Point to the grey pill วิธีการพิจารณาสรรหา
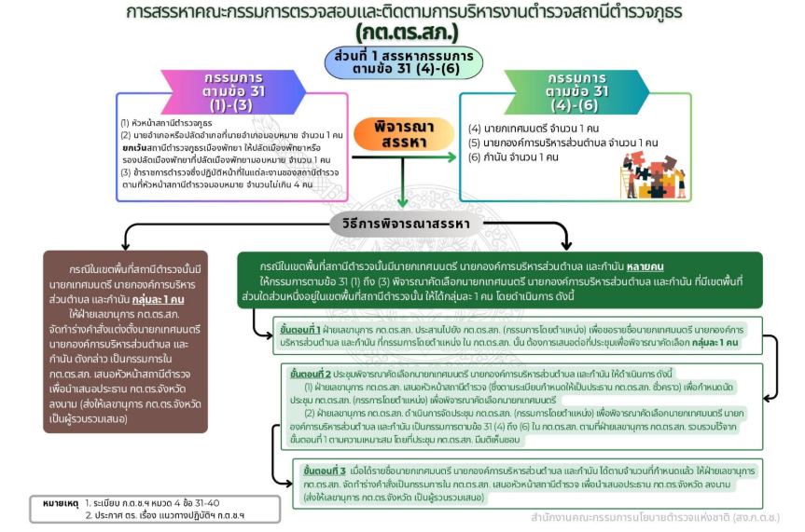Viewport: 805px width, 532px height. [x=403, y=224]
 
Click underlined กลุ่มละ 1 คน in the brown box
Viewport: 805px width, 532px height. [x=156, y=300]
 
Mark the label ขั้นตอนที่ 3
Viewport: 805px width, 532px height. [x=325, y=471]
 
